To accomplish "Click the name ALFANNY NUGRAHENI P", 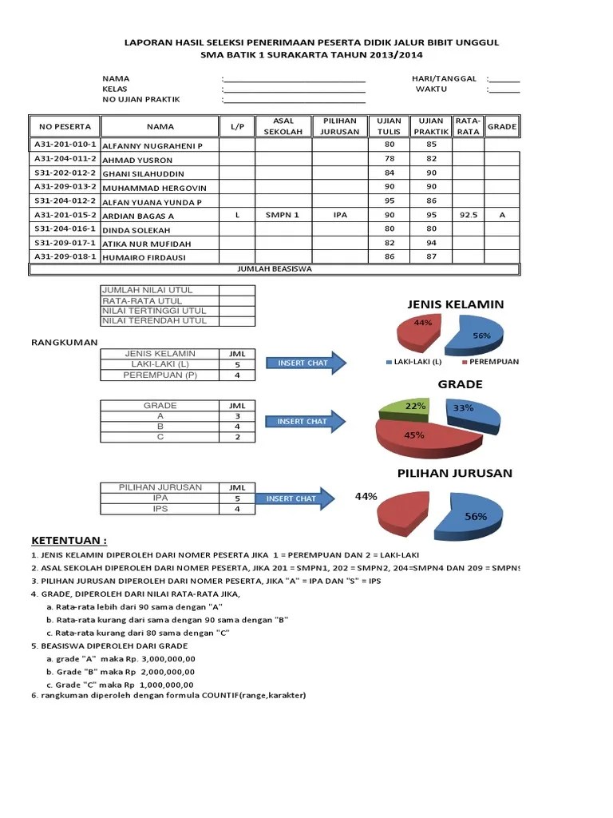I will tap(152, 146).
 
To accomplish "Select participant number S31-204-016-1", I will tap(65, 228).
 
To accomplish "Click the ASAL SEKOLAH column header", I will tap(283, 126).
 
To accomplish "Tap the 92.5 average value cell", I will tap(469, 215).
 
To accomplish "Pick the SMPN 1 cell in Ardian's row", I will tap(283, 215).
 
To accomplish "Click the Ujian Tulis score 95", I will tap(390, 201).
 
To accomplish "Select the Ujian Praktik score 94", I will tap(432, 243).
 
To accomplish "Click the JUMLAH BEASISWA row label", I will tap(275, 269).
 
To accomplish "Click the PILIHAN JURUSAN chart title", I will tap(455, 473).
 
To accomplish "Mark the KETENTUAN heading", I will tap(69, 539).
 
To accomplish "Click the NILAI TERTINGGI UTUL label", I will tap(154, 311).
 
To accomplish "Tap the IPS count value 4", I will tap(237, 509).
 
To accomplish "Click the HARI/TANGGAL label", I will tap(444, 78).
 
